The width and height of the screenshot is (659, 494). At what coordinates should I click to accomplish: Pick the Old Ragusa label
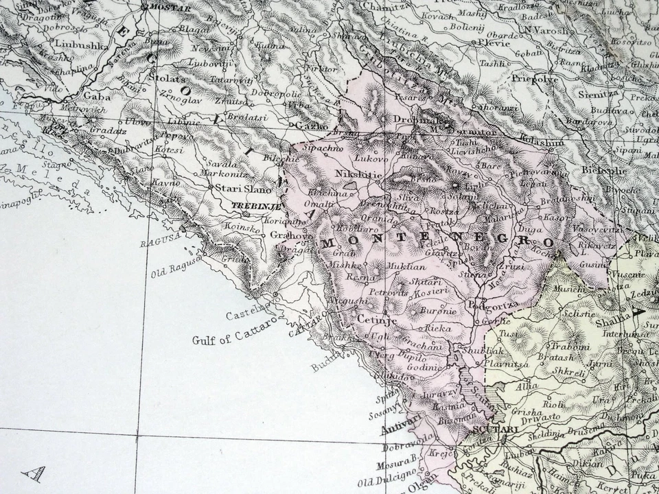point(175,267)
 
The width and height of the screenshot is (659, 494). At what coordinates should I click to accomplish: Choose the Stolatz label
point(169,80)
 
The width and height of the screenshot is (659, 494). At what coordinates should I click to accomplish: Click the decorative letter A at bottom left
point(33,473)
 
